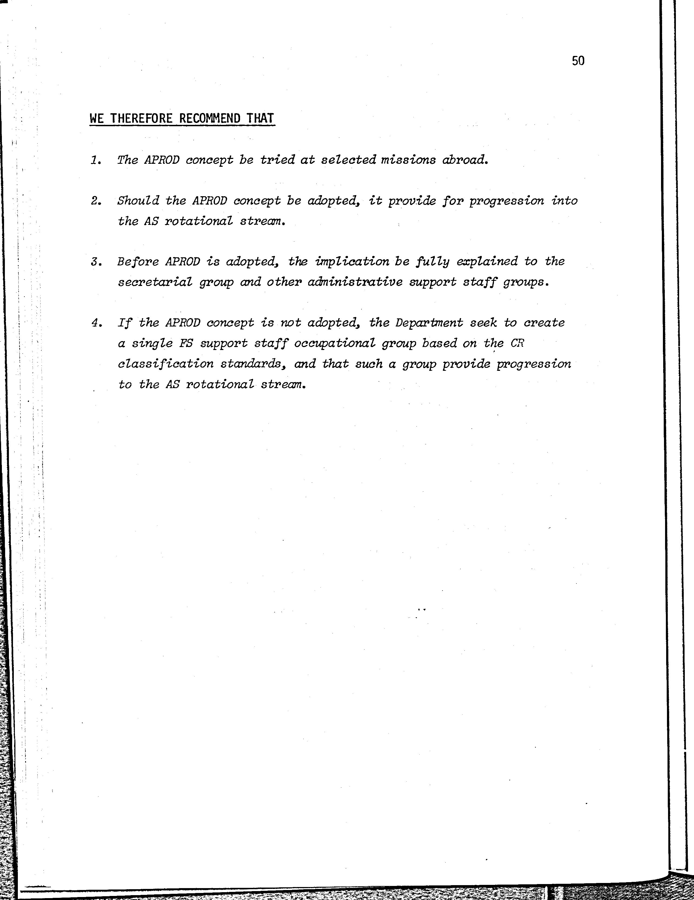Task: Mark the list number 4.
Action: pos(96,323)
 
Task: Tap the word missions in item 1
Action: pos(408,160)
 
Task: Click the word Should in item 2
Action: pos(138,201)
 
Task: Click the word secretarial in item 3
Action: pos(155,282)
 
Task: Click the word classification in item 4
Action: pos(166,364)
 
